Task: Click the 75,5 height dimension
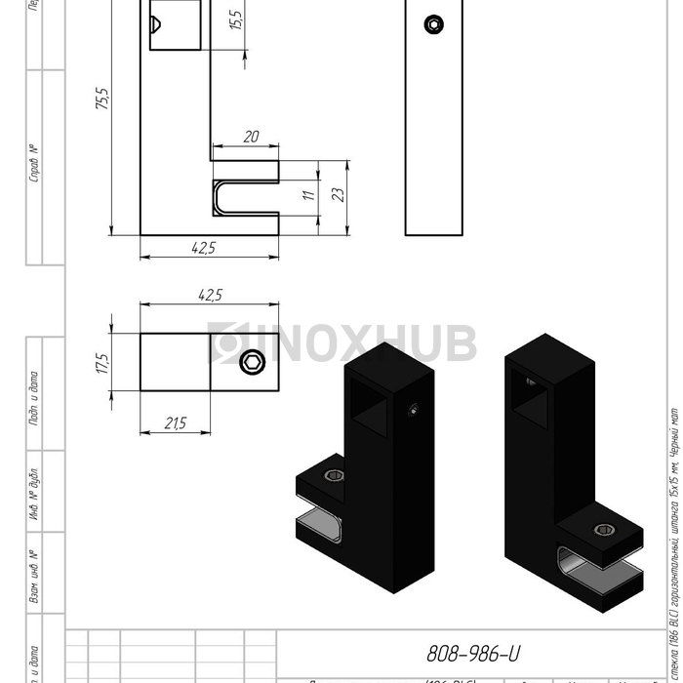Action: coord(102,100)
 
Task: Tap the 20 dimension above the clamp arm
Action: coord(251,138)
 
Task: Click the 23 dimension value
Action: coord(339,195)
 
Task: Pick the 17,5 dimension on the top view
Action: coord(102,363)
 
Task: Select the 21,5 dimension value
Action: coord(175,423)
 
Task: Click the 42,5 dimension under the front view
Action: coord(203,249)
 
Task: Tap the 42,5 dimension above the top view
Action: coord(210,295)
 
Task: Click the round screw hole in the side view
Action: coord(432,24)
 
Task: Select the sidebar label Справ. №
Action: coord(34,164)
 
